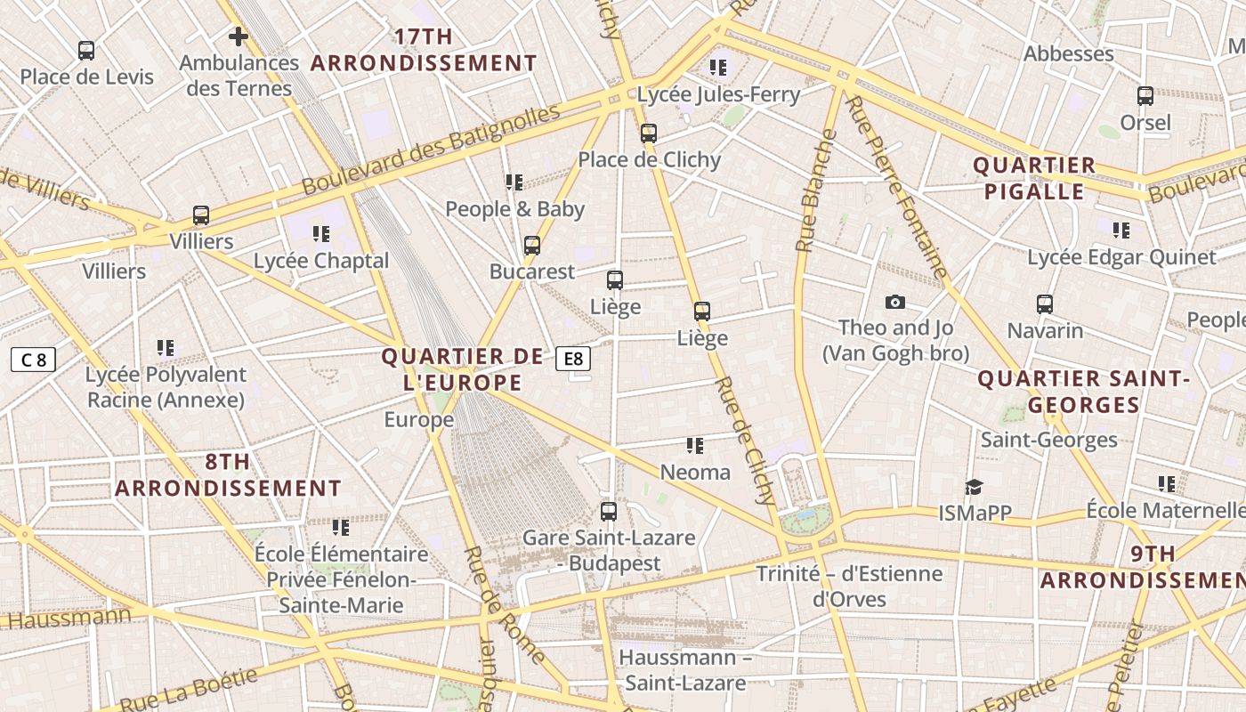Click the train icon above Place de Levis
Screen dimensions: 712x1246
pyautogui.click(x=86, y=51)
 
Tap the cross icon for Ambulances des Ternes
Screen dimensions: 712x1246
pyautogui.click(x=238, y=36)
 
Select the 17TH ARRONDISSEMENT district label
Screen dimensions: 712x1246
pyautogui.click(x=424, y=50)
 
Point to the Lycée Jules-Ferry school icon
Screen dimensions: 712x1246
pyautogui.click(x=718, y=67)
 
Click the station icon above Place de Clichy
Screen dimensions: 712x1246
pyautogui.click(x=649, y=133)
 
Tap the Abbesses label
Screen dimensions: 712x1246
pyautogui.click(x=1068, y=53)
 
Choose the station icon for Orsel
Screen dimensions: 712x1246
pyautogui.click(x=1145, y=96)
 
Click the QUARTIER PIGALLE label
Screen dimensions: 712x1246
pyautogui.click(x=1033, y=178)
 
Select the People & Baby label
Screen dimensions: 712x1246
pyautogui.click(x=514, y=209)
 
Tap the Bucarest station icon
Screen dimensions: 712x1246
pyautogui.click(x=532, y=246)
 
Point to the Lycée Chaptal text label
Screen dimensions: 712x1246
pyautogui.click(x=321, y=261)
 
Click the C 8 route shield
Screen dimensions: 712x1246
pyautogui.click(x=34, y=360)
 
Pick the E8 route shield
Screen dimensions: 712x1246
pyautogui.click(x=573, y=359)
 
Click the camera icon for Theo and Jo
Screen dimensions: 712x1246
pyautogui.click(x=895, y=303)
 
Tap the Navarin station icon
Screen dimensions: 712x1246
pyautogui.click(x=1045, y=304)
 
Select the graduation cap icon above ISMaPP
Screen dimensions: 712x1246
pyautogui.click(x=975, y=487)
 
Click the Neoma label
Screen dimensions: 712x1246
pyautogui.click(x=695, y=473)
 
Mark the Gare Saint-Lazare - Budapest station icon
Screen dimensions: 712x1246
pyautogui.click(x=609, y=512)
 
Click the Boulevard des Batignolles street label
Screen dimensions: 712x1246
pyautogui.click(x=431, y=150)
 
